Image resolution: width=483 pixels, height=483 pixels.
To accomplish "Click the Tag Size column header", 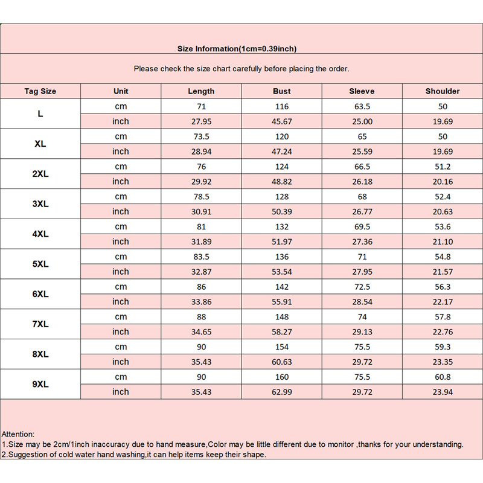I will [x=40, y=91].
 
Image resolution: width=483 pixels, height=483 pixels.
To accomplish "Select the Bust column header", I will [x=282, y=91].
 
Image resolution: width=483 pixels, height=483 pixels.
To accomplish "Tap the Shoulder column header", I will [x=443, y=91].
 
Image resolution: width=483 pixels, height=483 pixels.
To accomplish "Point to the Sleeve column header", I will [x=362, y=91].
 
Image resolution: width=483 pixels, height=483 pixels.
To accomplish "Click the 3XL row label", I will [x=40, y=204].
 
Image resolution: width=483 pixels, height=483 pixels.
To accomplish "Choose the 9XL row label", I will [x=40, y=385].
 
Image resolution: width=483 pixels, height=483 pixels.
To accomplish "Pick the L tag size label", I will [x=40, y=114].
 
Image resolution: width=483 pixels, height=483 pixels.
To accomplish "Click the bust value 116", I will [x=282, y=106].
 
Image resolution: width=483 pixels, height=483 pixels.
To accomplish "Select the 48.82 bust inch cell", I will [x=282, y=182].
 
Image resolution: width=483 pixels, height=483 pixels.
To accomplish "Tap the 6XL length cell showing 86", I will [x=201, y=287].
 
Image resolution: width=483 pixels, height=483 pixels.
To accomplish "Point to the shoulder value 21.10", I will [x=443, y=241].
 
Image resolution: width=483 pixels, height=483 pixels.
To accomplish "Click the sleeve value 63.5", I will [x=362, y=106].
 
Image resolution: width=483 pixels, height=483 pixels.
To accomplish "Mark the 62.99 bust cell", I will [x=282, y=392].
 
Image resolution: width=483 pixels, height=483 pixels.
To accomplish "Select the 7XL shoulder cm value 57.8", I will [x=443, y=317].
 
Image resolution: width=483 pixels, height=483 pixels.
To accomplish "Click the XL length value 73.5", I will [x=201, y=136].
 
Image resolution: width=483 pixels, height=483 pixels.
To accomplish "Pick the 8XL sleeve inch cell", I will [x=362, y=362].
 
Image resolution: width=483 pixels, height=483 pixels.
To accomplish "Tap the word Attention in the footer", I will [x=18, y=434].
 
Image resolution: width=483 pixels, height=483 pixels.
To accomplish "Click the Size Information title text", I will [x=237, y=49].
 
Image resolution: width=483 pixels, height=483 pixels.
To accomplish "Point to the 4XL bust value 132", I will [x=282, y=227].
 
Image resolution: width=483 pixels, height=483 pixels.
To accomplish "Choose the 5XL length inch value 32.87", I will [x=201, y=272].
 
